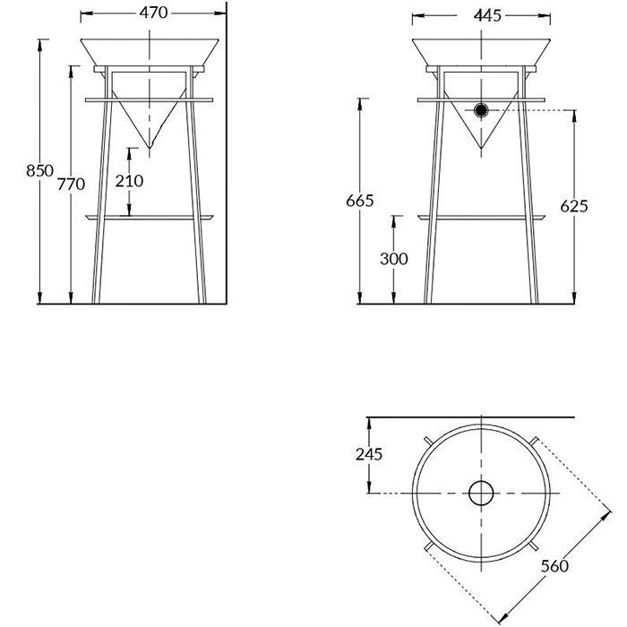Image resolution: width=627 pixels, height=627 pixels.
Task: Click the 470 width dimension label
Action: click(153, 13)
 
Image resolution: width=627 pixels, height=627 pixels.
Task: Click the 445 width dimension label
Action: click(487, 15)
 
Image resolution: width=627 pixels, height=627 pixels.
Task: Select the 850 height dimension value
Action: click(39, 171)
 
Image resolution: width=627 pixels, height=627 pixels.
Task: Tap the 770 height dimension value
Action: click(71, 184)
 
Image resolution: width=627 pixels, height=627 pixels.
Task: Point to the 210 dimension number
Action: click(129, 181)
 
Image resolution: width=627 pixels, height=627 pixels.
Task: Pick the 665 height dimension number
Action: click(360, 201)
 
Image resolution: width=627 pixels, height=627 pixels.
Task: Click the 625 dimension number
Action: click(574, 206)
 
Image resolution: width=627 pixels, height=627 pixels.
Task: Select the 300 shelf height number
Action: click(394, 259)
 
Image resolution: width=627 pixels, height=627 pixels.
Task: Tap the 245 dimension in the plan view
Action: click(369, 454)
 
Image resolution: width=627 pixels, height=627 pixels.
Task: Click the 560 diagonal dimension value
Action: click(554, 566)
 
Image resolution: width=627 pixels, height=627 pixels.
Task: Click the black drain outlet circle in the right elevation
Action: click(481, 110)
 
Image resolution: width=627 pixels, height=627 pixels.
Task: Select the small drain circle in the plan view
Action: click(481, 493)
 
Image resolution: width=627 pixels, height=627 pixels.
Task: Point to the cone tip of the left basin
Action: click(150, 148)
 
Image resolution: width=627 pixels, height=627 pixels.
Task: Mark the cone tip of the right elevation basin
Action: click(481, 148)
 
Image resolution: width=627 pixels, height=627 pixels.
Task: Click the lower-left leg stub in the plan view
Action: click(428, 545)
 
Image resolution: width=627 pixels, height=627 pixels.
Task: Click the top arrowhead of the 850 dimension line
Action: click(39, 45)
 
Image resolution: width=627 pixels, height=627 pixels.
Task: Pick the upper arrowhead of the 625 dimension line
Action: click(574, 116)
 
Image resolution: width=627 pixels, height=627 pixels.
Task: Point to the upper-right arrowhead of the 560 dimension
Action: click(606, 516)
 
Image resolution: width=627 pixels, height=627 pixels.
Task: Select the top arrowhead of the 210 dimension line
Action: click(129, 153)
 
